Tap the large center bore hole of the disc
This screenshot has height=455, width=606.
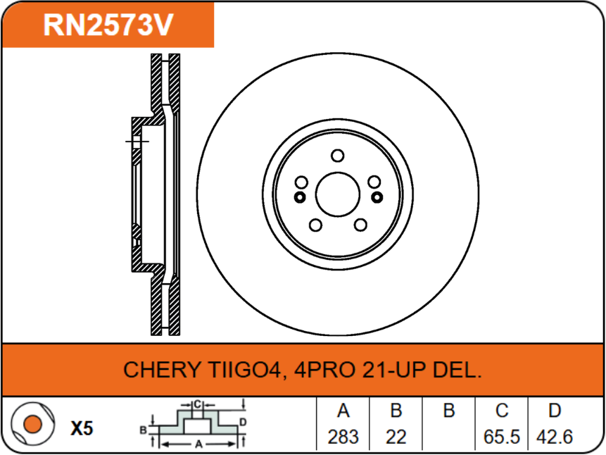point(338,194)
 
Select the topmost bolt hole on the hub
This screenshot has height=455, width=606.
point(338,156)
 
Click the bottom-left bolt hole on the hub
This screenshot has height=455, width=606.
point(315,225)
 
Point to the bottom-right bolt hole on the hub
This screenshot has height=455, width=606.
point(361,225)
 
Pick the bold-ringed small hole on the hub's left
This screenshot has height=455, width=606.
point(299,197)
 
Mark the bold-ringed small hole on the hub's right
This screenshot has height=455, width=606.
point(377,197)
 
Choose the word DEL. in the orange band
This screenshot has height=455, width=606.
point(460,370)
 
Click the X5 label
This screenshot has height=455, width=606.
point(82,428)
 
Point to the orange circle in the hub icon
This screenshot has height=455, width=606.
point(31,425)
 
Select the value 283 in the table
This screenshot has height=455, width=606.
point(343,437)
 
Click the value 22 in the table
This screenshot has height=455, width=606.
point(396,437)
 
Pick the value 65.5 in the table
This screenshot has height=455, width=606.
point(502,437)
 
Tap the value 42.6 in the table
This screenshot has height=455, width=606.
point(555,437)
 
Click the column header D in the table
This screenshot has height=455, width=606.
point(555,411)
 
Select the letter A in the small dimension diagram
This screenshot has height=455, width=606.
point(199,444)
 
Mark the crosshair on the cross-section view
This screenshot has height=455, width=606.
point(136,142)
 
